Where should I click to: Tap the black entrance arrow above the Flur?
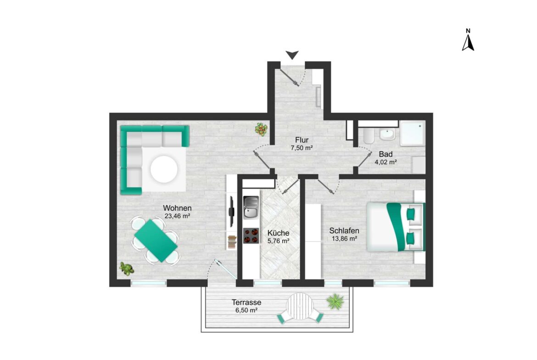[x=292, y=55]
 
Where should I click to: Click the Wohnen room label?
[x=177, y=208]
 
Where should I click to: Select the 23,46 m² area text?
[x=177, y=216]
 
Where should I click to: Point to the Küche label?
[x=279, y=233]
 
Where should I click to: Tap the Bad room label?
[x=386, y=155]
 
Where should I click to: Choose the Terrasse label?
[x=246, y=303]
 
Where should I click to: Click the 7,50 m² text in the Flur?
[x=302, y=148]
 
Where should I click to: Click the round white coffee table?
[x=164, y=169]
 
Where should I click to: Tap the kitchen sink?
[x=251, y=207]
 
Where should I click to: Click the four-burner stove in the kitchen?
[x=251, y=236]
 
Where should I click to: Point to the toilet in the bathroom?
[x=369, y=136]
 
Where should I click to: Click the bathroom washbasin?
[x=387, y=134]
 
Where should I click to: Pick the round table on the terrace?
[x=300, y=307]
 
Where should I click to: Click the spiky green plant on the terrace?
[x=335, y=301]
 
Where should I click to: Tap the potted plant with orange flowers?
[x=261, y=130]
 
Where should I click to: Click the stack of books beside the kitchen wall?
[x=232, y=242]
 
